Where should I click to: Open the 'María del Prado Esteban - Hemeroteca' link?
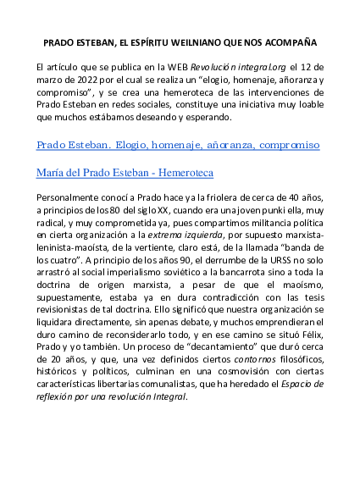coord(125,173)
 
